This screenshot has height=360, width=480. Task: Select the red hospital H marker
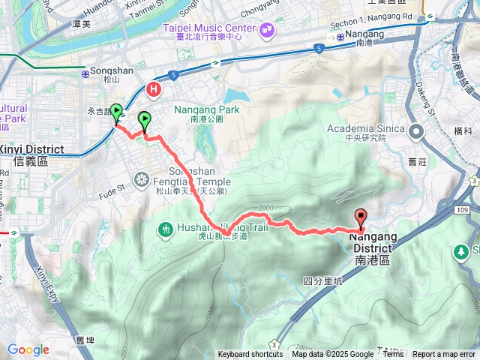coord(155,89)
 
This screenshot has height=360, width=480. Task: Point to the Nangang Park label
coord(206,109)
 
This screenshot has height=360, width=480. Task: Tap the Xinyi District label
coord(32,150)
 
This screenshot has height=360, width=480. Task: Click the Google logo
coord(28,349)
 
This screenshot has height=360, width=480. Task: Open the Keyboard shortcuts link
coord(250,355)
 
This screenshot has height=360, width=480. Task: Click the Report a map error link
coord(444,355)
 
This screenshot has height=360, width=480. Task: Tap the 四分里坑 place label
coord(322,281)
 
